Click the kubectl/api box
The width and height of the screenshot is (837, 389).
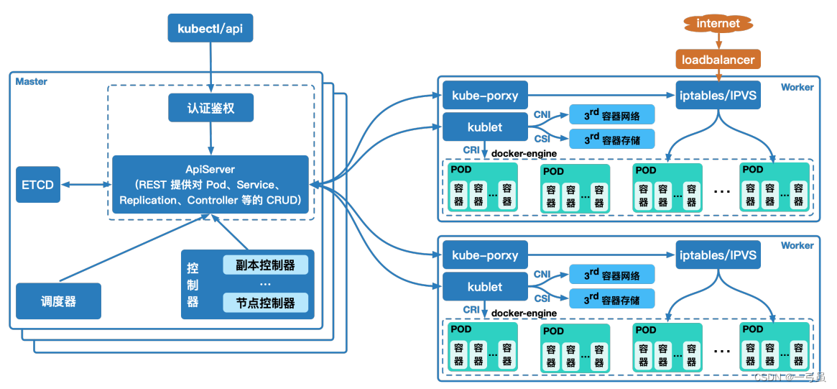click(x=211, y=29)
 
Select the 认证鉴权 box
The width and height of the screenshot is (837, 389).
click(x=211, y=109)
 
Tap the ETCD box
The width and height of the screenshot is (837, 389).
click(x=37, y=184)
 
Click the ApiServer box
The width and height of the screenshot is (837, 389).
click(x=211, y=185)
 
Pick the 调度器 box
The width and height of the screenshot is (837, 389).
click(x=58, y=301)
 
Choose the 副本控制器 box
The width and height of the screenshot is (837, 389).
click(x=265, y=265)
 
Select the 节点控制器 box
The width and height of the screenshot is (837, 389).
click(x=265, y=303)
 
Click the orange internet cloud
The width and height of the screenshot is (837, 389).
click(x=718, y=24)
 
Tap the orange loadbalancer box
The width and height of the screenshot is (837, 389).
click(x=718, y=59)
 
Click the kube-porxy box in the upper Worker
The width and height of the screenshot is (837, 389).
click(x=485, y=96)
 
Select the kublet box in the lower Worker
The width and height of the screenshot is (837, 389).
click(x=485, y=287)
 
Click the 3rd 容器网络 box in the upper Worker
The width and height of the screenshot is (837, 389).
click(x=612, y=114)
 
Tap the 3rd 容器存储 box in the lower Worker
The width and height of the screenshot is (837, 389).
click(x=612, y=298)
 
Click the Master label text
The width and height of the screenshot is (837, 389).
click(x=32, y=81)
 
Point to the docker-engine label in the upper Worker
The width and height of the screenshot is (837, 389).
click(x=524, y=153)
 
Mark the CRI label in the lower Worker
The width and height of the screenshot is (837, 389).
click(x=471, y=310)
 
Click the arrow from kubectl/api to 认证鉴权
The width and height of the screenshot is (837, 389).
click(x=211, y=68)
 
